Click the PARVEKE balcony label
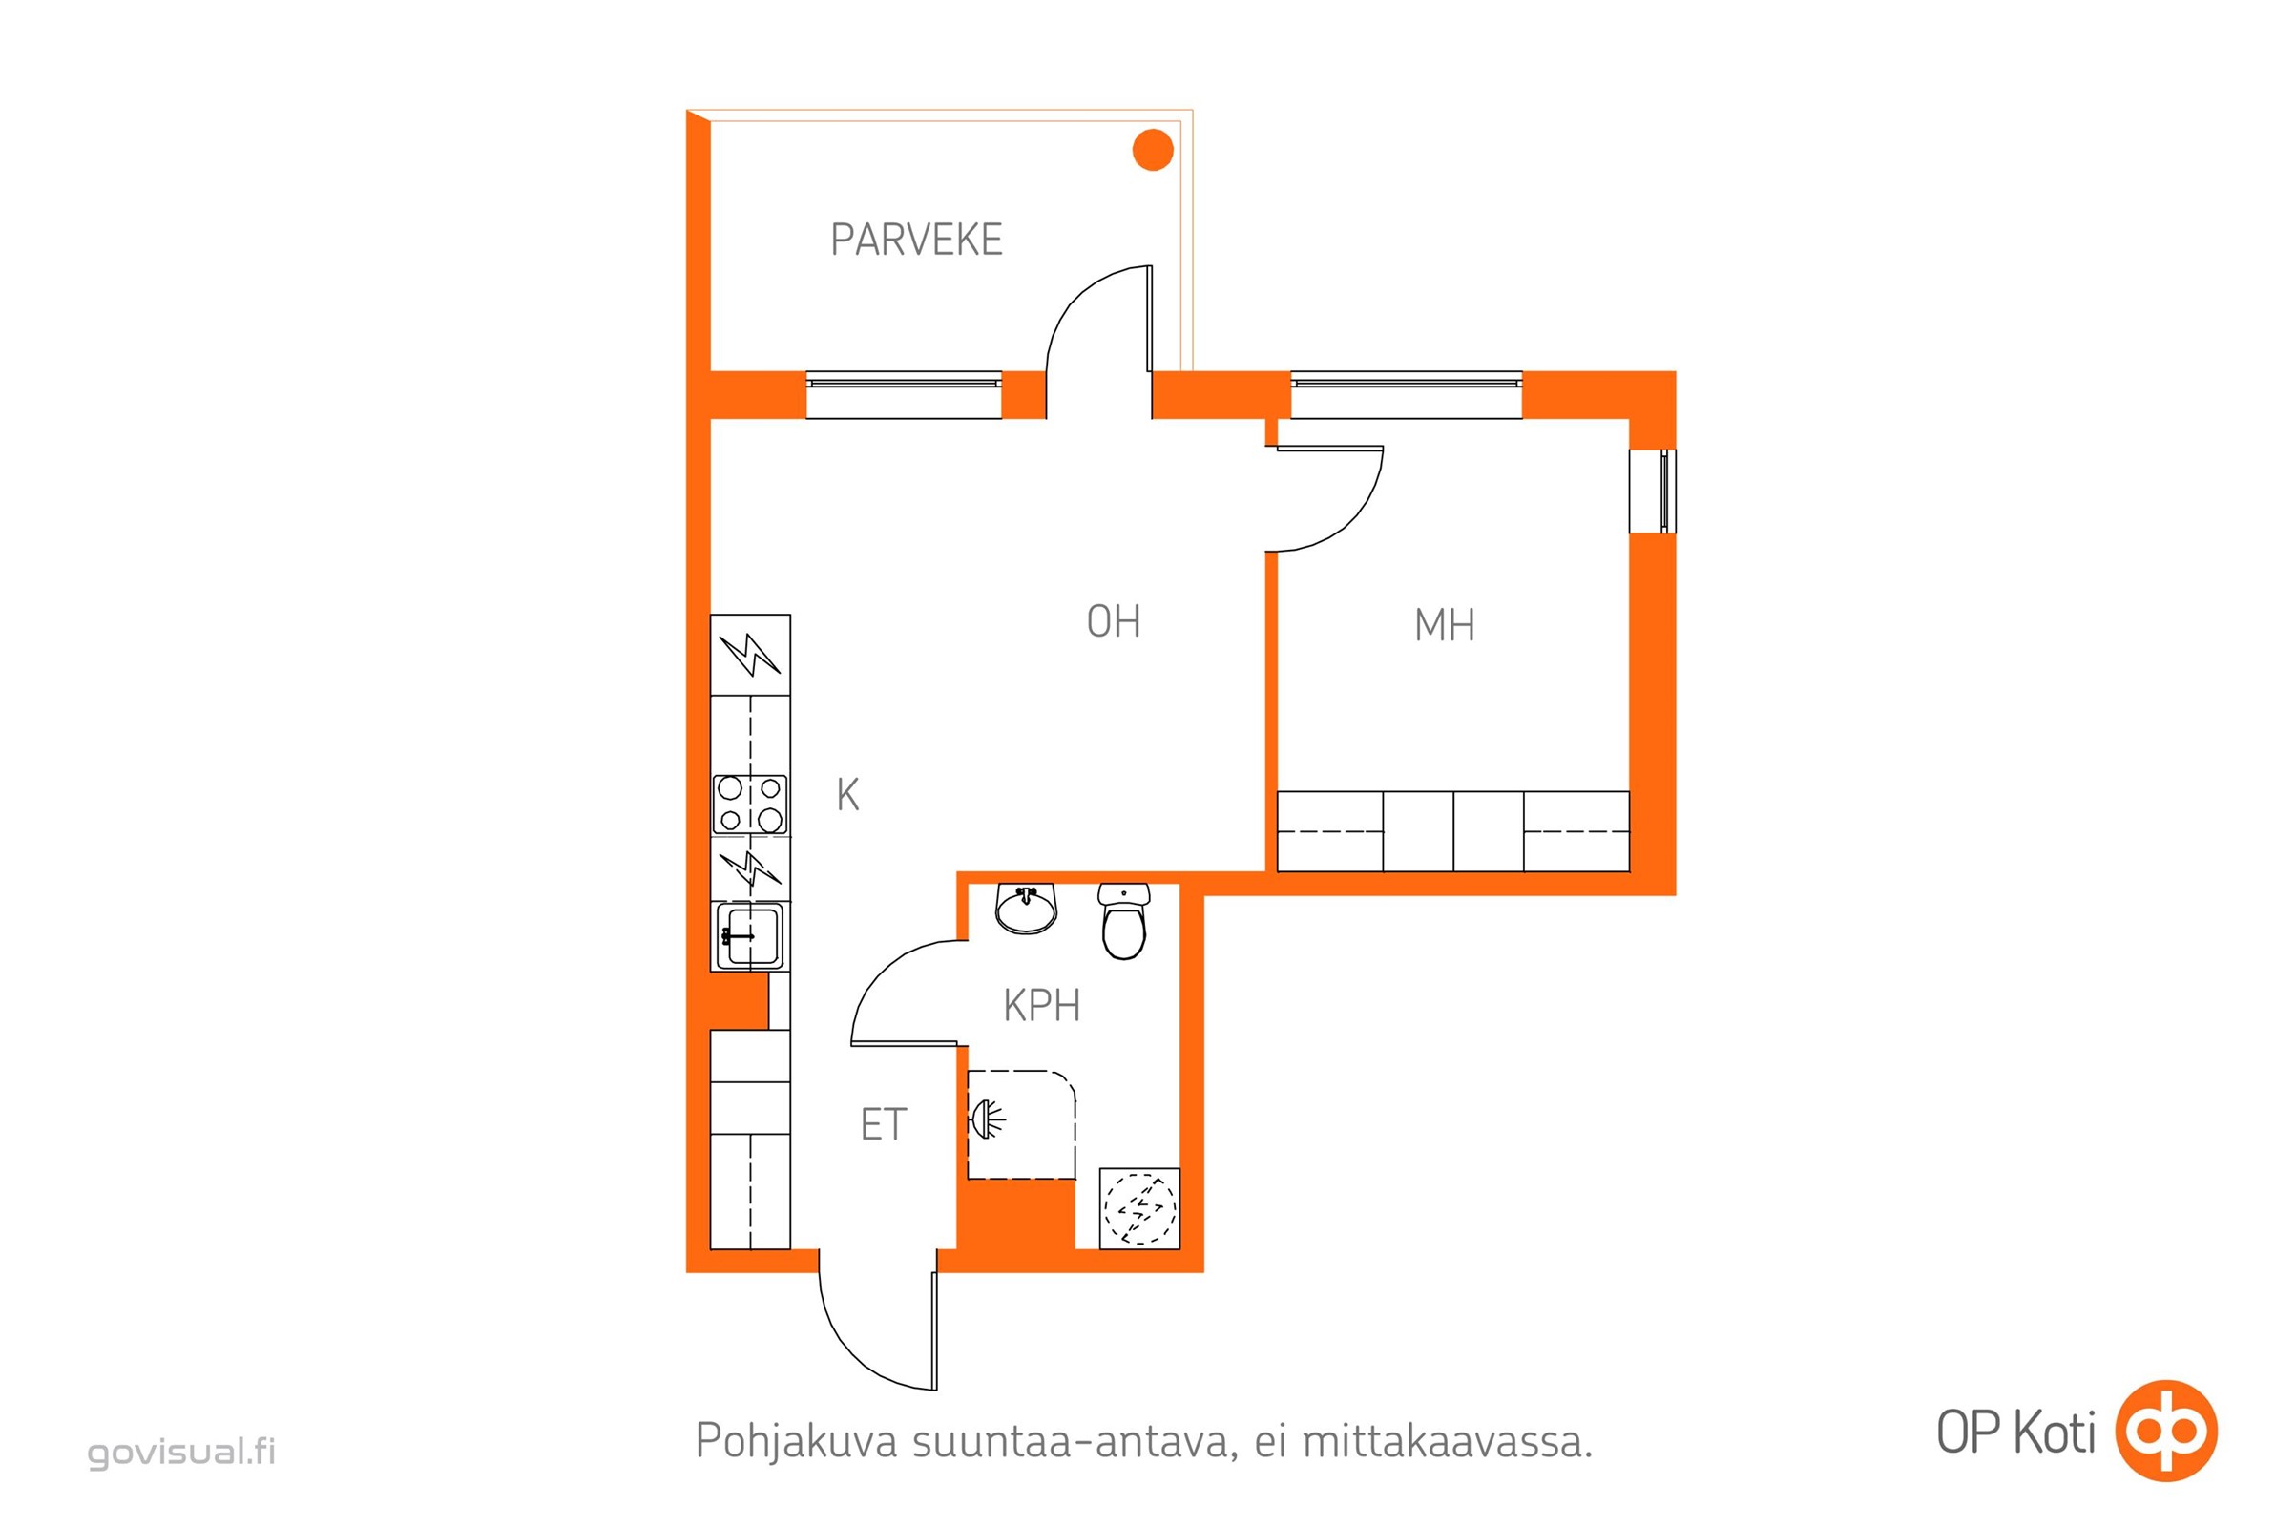915,240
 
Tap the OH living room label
1112,621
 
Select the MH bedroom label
1443,625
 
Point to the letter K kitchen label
847,796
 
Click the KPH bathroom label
1041,1006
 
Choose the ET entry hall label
883,1125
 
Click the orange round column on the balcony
1152,150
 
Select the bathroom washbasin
1025,909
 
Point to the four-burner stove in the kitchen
750,804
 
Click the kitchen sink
749,937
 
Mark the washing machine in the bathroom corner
1138,1208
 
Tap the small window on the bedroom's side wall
1653,491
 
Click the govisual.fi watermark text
182,1452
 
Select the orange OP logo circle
2166,1431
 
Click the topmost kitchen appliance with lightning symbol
750,655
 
